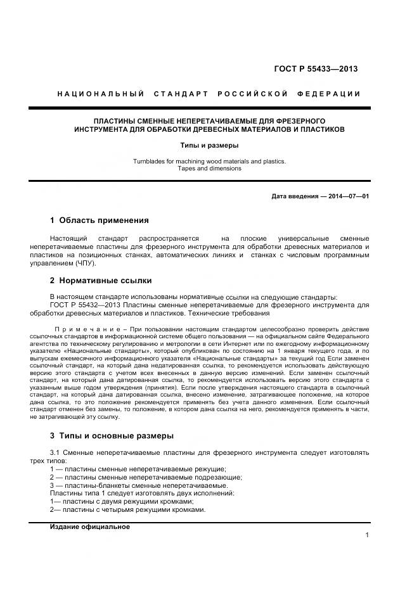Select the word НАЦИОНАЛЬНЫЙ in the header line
[101, 94]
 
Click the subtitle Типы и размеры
[209, 146]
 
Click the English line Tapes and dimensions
[209, 169]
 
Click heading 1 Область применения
[99, 220]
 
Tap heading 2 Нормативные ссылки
[100, 280]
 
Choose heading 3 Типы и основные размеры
[112, 435]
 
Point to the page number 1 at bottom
[367, 535]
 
